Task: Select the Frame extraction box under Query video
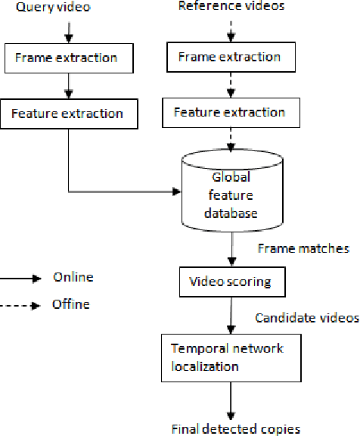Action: [70, 58]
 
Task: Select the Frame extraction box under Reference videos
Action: [228, 58]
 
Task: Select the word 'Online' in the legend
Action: [73, 277]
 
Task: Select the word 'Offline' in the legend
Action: [73, 304]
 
